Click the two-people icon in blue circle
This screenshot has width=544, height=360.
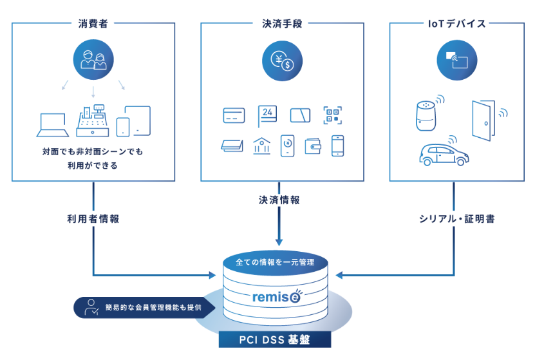click(x=93, y=61)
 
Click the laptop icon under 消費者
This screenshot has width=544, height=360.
click(x=53, y=125)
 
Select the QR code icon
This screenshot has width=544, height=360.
click(x=332, y=115)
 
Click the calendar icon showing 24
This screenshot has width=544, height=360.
click(x=267, y=115)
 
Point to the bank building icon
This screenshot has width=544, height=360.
click(x=261, y=146)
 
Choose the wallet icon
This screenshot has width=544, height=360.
click(x=313, y=146)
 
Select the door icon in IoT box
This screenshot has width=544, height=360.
click(x=483, y=119)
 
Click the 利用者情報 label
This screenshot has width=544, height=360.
click(x=93, y=218)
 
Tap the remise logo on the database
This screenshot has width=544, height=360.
click(x=275, y=297)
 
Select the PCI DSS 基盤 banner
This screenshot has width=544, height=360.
click(x=275, y=339)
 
